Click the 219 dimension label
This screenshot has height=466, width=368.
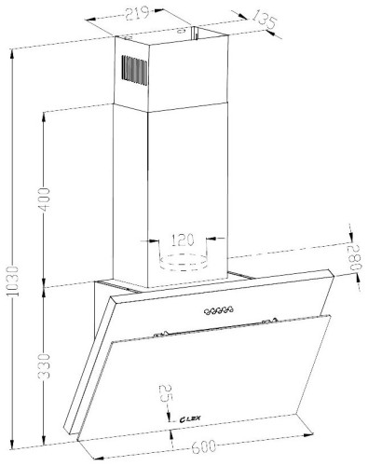click(137, 13)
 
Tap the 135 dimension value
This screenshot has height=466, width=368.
click(264, 21)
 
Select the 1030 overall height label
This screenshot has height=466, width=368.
click(13, 281)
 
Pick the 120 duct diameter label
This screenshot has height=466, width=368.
click(183, 240)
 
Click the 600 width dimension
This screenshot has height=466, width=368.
click(203, 446)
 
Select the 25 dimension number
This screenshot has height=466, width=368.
click(165, 394)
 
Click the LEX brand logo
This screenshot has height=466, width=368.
click(190, 419)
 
